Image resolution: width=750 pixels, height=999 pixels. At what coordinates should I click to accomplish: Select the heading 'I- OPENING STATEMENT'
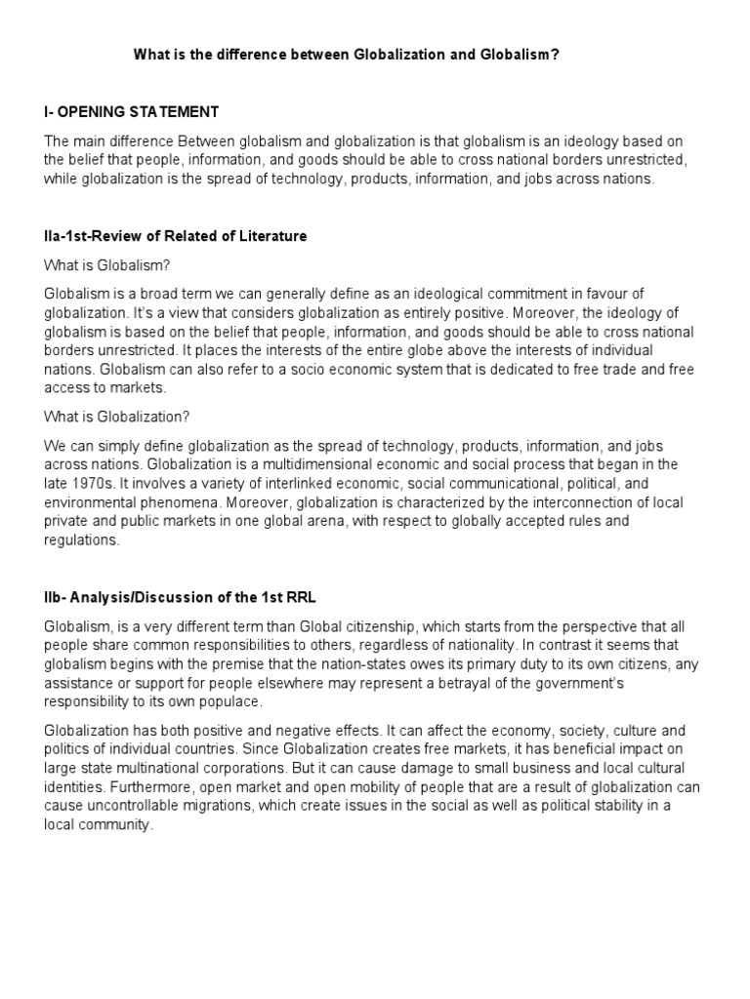[x=132, y=112]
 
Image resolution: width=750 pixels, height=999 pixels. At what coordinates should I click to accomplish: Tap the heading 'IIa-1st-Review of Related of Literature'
[x=176, y=236]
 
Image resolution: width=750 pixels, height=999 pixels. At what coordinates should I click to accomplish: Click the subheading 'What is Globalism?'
[x=106, y=265]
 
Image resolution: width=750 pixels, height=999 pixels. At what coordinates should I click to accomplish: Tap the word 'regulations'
[x=81, y=539]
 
